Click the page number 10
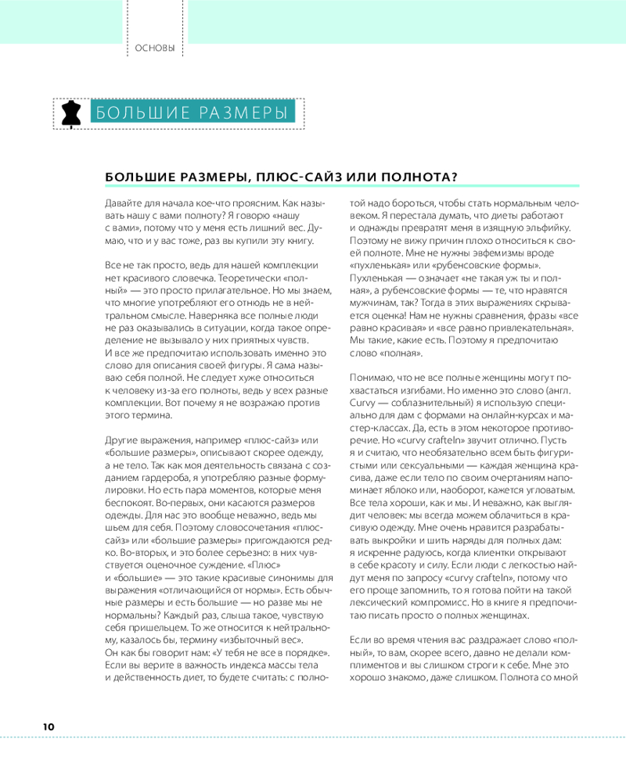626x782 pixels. tap(49, 726)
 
